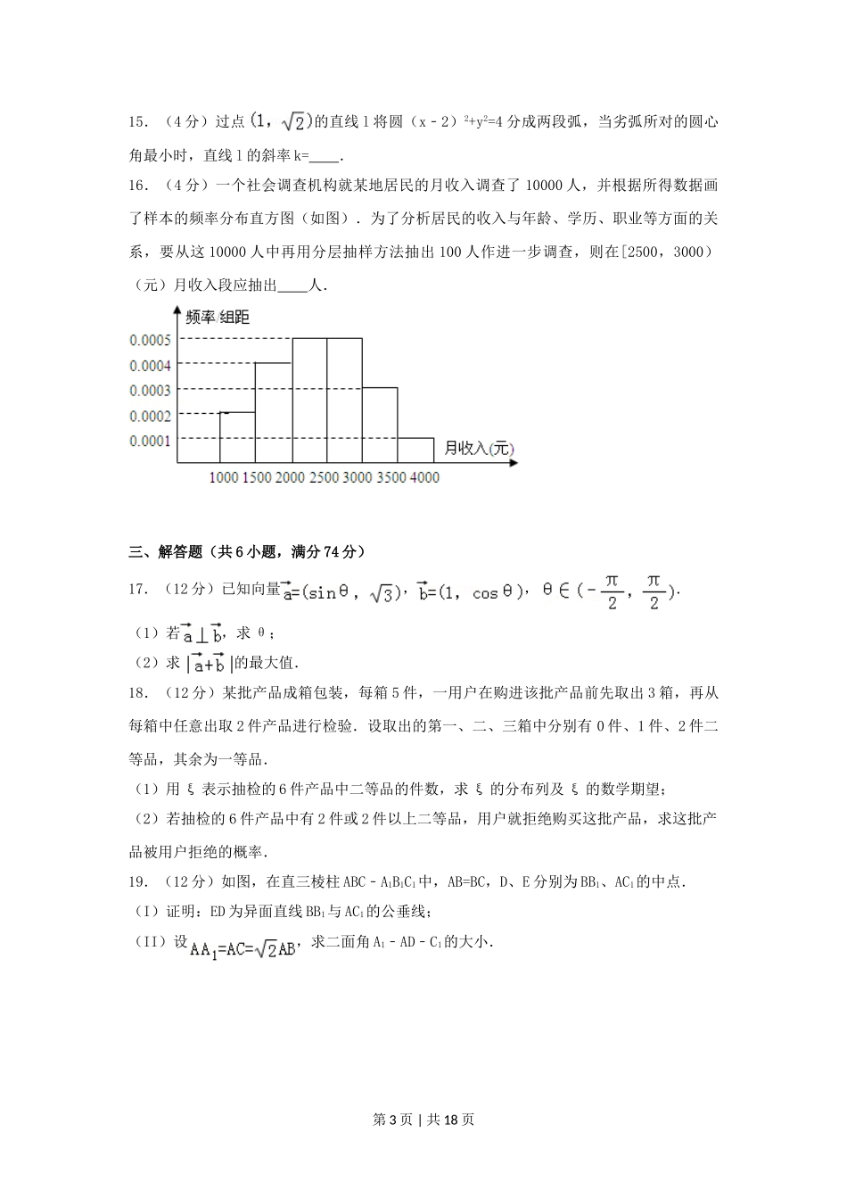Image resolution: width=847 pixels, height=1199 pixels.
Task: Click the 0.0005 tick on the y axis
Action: click(x=150, y=340)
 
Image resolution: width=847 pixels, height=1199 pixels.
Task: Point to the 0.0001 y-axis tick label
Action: click(x=150, y=441)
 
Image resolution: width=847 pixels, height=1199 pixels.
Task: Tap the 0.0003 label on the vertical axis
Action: click(x=150, y=390)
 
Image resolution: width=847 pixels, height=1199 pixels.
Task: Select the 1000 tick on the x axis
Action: click(x=223, y=477)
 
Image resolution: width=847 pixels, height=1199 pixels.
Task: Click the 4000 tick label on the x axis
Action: click(x=423, y=477)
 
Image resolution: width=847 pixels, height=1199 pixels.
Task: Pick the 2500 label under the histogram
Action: click(x=324, y=477)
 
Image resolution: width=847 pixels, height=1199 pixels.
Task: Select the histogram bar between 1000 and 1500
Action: click(x=237, y=437)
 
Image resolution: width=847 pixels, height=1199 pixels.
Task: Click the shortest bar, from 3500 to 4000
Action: click(x=415, y=450)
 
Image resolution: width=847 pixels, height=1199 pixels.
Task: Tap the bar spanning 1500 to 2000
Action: click(x=273, y=412)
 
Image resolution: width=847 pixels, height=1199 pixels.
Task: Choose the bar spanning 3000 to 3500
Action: click(x=380, y=425)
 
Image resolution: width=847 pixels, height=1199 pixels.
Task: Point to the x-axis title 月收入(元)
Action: click(x=479, y=448)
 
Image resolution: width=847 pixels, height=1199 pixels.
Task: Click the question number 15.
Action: click(x=137, y=121)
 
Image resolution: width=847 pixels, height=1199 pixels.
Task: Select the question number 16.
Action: click(x=137, y=186)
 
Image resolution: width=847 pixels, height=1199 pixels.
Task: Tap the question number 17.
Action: click(x=137, y=589)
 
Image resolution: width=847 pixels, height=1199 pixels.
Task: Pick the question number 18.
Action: click(x=137, y=692)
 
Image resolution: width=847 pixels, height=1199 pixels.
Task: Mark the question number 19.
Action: click(x=137, y=882)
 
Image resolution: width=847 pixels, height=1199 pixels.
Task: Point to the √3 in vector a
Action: click(x=382, y=592)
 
